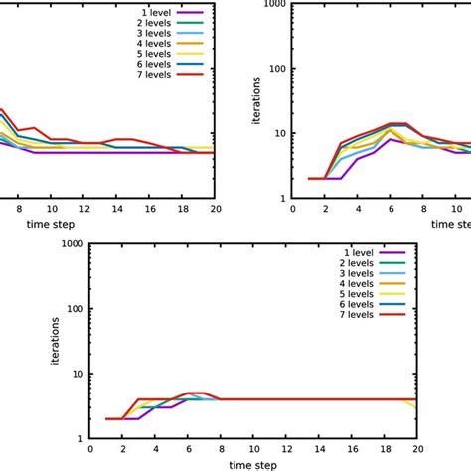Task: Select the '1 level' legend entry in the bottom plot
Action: coord(356,253)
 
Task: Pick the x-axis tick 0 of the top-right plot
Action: coord(292,210)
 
